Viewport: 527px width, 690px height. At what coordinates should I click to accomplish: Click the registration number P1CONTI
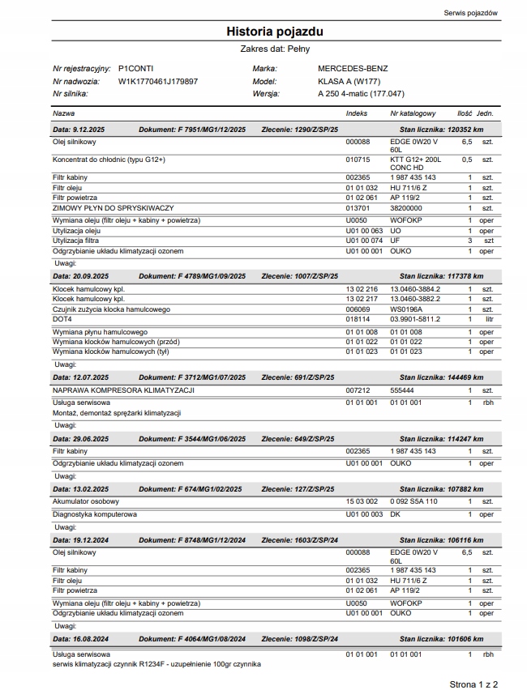click(135, 69)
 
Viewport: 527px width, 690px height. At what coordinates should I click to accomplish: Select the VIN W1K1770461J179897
click(158, 81)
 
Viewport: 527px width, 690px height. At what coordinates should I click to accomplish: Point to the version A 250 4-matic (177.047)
click(361, 94)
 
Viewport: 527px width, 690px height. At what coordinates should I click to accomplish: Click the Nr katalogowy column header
click(413, 113)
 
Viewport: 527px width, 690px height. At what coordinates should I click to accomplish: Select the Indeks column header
click(356, 113)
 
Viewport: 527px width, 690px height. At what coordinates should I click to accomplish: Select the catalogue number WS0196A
click(406, 309)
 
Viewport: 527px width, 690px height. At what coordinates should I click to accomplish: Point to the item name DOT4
click(62, 320)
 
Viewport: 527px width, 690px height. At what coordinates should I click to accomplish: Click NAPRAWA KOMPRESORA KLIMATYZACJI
click(122, 390)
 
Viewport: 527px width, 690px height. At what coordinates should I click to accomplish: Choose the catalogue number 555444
click(403, 390)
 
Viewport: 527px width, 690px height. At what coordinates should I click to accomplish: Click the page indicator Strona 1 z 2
click(473, 684)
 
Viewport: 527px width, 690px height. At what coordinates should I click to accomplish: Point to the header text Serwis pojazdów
click(472, 13)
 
